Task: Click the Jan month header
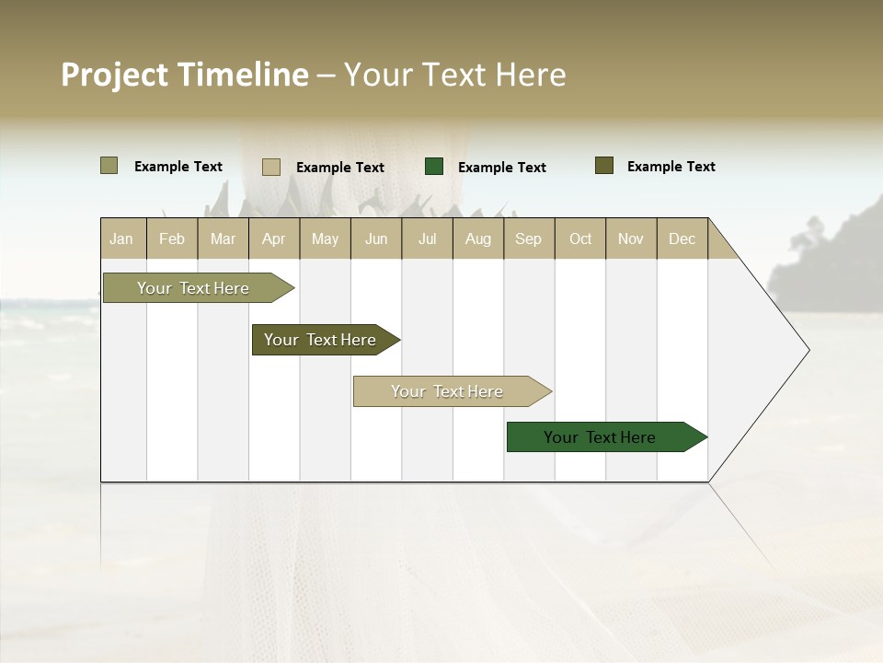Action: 121,238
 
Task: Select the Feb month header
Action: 172,238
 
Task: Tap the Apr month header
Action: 273,238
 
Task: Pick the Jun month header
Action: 376,238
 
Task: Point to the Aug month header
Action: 477,238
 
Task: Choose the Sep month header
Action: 528,238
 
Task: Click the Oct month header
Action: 580,238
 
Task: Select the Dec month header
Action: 682,238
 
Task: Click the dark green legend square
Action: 434,167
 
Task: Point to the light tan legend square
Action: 271,167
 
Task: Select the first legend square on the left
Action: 109,166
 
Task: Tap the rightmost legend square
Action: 604,166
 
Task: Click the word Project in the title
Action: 115,75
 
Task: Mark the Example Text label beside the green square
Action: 501,168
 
